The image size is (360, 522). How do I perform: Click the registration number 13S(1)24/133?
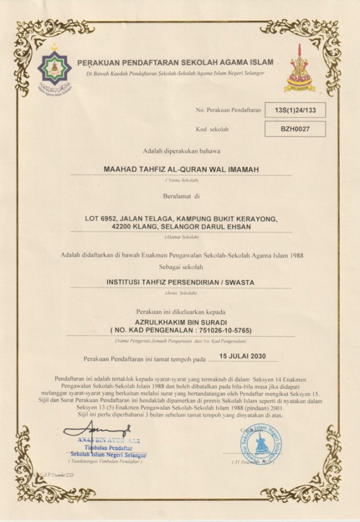295,110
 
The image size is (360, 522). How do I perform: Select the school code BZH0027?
295,129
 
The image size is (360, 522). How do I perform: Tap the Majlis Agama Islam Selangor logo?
55,68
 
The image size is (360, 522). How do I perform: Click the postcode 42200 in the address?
124,226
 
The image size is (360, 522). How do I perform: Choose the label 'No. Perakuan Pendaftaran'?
228,110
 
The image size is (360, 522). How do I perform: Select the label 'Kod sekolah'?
212,129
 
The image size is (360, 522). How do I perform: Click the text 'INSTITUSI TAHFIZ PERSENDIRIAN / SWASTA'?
180,282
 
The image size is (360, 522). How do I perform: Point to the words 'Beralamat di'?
181,196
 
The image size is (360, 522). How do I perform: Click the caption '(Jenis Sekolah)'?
181,294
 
